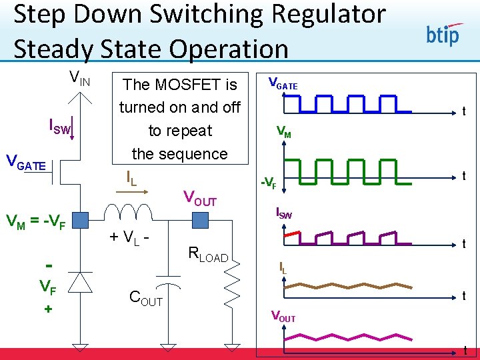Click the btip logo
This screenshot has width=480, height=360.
point(443,33)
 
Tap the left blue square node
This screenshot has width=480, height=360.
point(80,219)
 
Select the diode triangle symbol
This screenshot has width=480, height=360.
point(81,283)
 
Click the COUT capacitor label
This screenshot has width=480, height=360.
point(146,299)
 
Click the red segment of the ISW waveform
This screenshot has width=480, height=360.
point(291,235)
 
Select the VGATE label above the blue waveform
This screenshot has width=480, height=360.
point(283,84)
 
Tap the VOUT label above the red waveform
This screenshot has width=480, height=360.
point(283,317)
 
